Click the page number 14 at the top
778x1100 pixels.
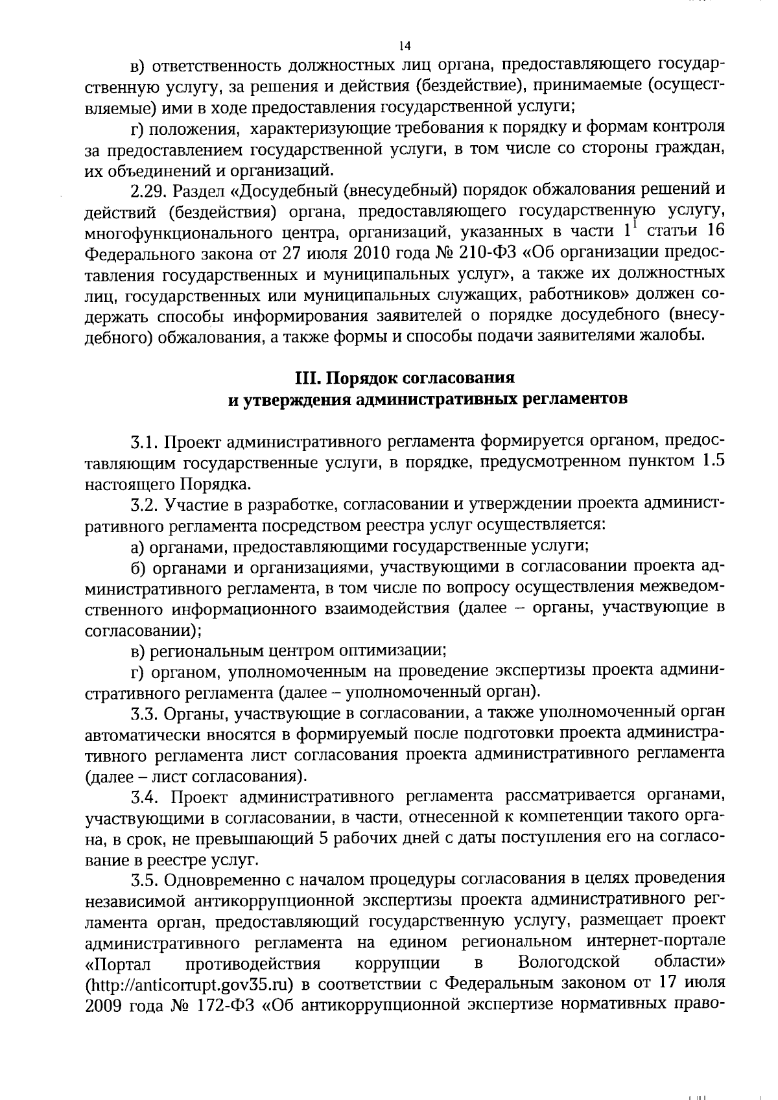[x=405, y=45]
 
